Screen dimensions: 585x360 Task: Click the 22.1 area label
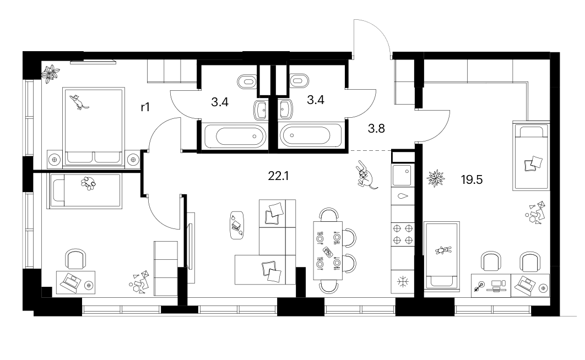[x=278, y=176]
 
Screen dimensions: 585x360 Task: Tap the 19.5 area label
[x=472, y=179]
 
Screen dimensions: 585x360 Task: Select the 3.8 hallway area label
[x=376, y=129]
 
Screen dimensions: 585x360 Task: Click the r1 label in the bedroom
[x=145, y=107]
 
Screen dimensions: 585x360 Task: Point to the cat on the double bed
[x=79, y=102]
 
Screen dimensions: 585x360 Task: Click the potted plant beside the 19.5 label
[x=436, y=178]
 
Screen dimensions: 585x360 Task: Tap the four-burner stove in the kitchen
[x=403, y=234]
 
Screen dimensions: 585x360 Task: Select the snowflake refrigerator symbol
[x=403, y=282]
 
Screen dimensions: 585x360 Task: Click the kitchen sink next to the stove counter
[x=402, y=175]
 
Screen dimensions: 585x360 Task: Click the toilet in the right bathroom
[x=299, y=80]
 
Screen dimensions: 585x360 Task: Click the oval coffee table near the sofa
[x=236, y=226]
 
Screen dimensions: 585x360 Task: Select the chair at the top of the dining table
[x=329, y=215]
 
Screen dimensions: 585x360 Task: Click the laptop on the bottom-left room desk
[x=70, y=282]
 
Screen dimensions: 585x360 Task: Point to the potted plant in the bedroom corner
[x=51, y=73]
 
